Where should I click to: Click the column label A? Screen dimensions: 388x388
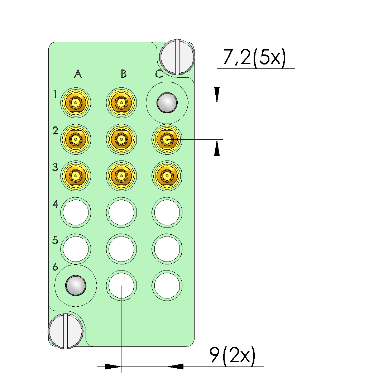(x=78, y=74)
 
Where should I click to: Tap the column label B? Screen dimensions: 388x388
(x=124, y=74)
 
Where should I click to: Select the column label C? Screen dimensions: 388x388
(x=159, y=74)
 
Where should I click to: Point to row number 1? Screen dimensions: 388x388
(x=55, y=94)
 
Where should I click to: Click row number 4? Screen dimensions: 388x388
(x=55, y=204)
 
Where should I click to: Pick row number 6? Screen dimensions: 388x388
(x=55, y=267)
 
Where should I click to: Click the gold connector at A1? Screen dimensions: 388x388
(x=76, y=103)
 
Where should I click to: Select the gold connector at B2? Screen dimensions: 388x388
(x=121, y=139)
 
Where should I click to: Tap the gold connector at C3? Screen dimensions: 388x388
(x=167, y=176)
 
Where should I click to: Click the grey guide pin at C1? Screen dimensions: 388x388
(x=167, y=103)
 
